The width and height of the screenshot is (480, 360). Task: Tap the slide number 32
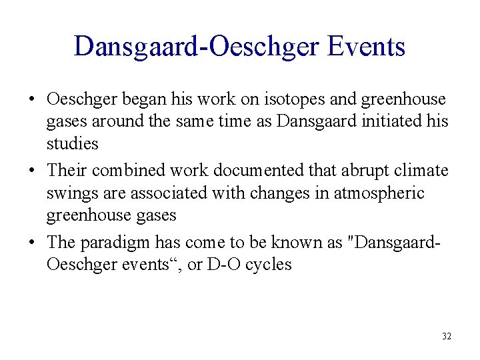click(446, 336)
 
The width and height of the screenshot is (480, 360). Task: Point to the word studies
click(72, 143)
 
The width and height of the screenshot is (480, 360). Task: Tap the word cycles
click(268, 265)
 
